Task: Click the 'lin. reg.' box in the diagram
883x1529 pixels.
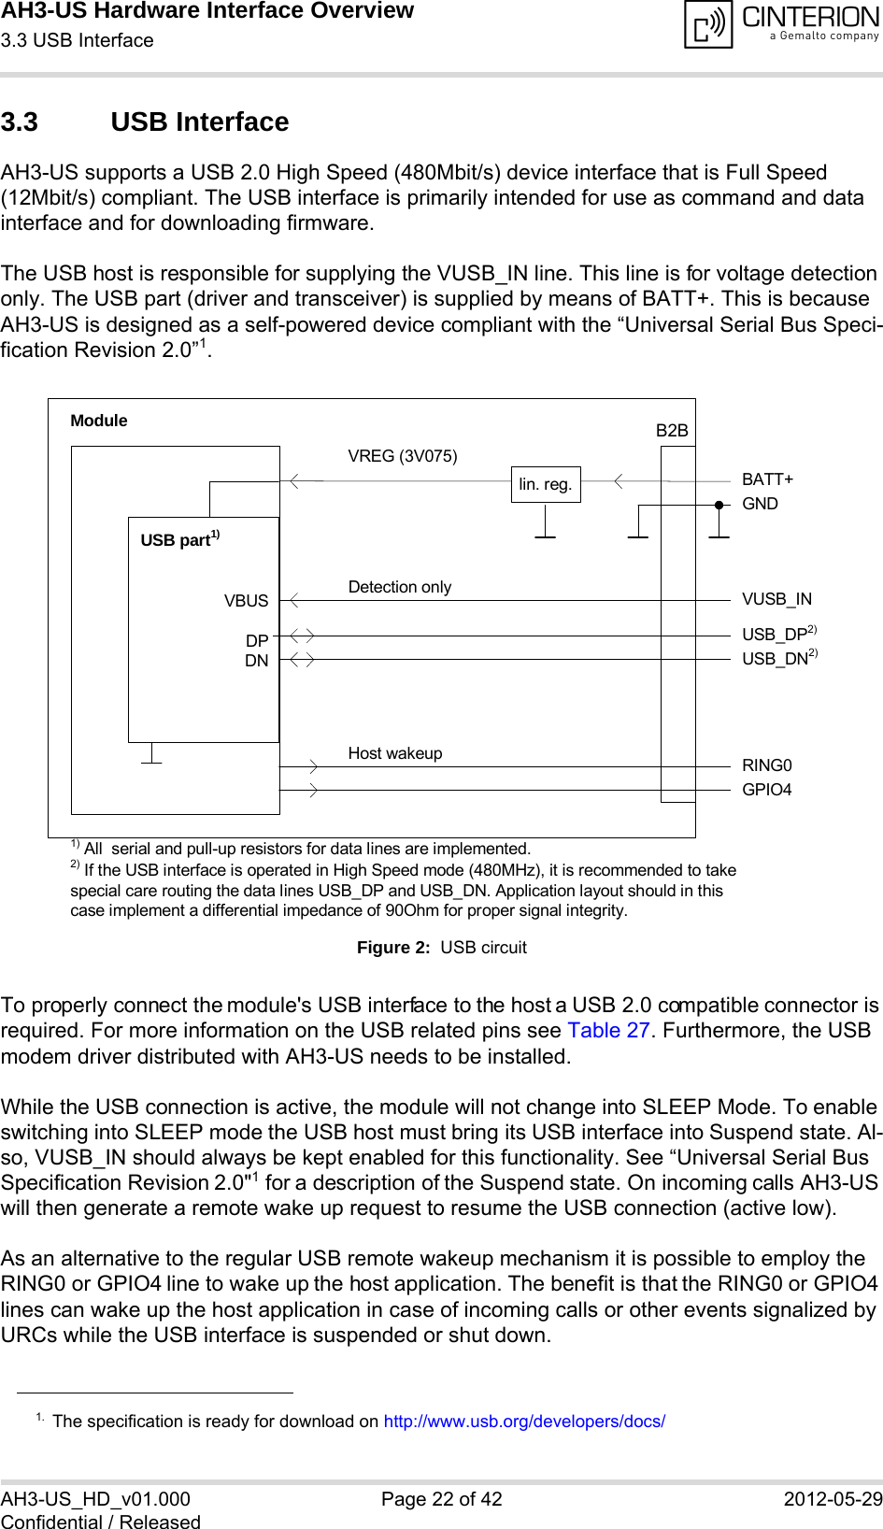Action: coord(546,484)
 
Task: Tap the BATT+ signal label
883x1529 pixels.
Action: coord(767,479)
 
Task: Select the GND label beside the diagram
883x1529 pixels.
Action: coord(760,504)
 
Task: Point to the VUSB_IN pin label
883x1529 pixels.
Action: coord(776,599)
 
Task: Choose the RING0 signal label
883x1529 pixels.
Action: coord(766,765)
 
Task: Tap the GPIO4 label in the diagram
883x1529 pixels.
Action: coord(766,790)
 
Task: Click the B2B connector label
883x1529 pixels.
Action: coord(672,431)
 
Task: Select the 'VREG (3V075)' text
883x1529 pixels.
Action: coord(403,456)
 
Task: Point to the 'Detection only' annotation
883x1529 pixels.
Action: coord(400,587)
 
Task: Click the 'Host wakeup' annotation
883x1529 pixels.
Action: coord(395,753)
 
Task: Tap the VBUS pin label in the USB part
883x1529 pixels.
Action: coord(246,601)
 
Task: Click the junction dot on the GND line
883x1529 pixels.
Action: coord(719,505)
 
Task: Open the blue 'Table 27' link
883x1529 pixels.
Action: coord(608,1031)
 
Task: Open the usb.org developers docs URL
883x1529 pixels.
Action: coord(524,1422)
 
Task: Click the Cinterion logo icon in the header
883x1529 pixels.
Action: coord(708,24)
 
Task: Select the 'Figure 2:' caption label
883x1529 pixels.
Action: coord(393,948)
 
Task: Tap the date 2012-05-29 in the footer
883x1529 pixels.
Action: coord(833,1499)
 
